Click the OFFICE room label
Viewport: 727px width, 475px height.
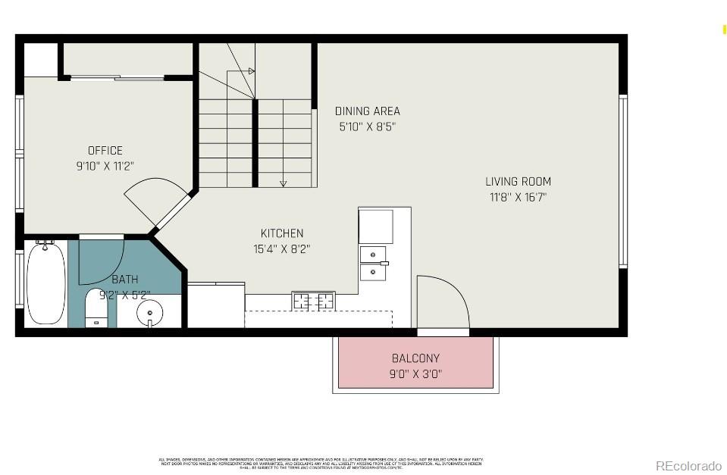tap(105, 150)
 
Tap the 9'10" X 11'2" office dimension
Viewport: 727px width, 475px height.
tap(105, 165)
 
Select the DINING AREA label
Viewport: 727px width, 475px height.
tap(367, 111)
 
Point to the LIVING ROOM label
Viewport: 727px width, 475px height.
tap(518, 181)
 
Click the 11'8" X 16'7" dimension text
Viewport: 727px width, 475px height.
tap(518, 197)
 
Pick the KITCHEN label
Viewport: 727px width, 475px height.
tap(282, 233)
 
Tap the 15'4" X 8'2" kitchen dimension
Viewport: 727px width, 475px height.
tap(282, 248)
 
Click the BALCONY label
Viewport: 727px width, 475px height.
tap(415, 358)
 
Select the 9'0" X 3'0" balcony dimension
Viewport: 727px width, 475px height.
tap(415, 373)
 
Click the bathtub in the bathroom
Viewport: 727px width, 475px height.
tap(45, 283)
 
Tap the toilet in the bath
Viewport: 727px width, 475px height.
tap(96, 308)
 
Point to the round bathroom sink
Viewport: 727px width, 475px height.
tap(150, 311)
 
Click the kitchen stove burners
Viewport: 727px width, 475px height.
tap(313, 302)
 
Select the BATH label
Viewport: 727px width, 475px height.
tap(124, 280)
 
